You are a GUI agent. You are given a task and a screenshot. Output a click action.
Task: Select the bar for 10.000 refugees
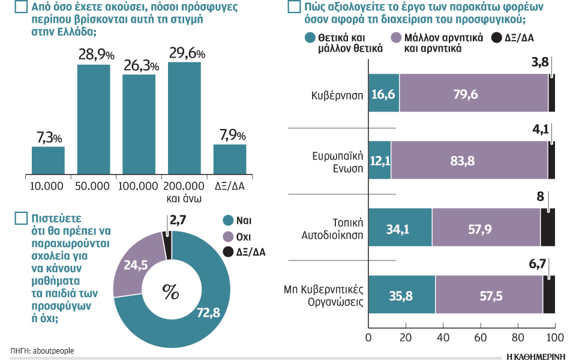tap(48, 160)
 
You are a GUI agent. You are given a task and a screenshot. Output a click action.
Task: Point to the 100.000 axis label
tap(138, 187)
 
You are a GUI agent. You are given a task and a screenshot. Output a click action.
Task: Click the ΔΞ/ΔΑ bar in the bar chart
tap(230, 159)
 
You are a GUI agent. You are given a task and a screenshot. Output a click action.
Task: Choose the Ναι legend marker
tap(227, 220)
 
